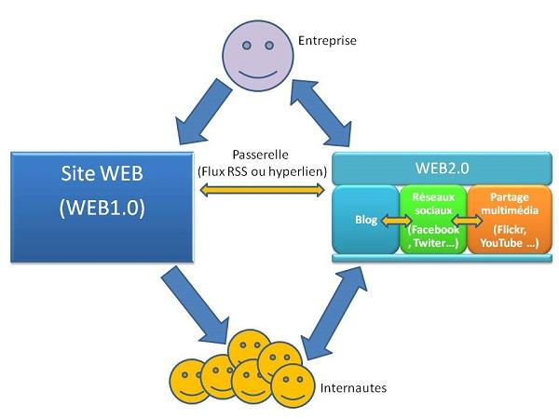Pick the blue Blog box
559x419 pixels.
click(x=365, y=222)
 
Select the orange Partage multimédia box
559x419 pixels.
click(x=503, y=220)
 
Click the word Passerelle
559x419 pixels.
click(x=260, y=155)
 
